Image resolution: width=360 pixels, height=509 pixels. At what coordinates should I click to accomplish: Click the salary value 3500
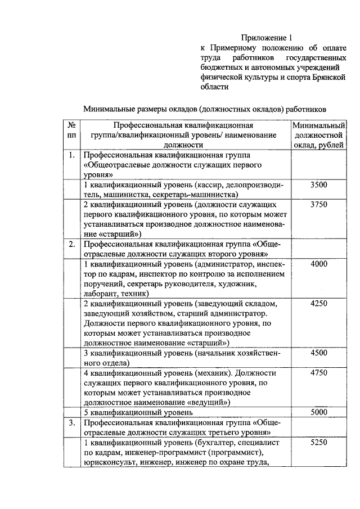[x=318, y=185]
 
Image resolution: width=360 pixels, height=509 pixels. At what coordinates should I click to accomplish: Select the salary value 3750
[x=318, y=205]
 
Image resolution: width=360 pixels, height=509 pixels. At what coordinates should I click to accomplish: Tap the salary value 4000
[x=318, y=264]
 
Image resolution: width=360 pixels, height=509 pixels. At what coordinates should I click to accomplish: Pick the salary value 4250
[x=318, y=303]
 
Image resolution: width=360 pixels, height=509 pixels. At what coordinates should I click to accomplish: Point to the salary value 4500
[x=318, y=353]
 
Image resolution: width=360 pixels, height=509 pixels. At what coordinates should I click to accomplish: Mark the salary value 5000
[x=318, y=412]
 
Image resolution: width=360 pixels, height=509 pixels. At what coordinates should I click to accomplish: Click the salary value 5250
[x=318, y=442]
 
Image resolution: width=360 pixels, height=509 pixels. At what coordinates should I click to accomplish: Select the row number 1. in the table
[x=71, y=155]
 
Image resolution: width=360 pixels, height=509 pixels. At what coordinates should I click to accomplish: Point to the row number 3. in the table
[x=71, y=422]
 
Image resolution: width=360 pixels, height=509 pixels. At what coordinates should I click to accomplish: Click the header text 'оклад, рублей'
[x=318, y=146]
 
